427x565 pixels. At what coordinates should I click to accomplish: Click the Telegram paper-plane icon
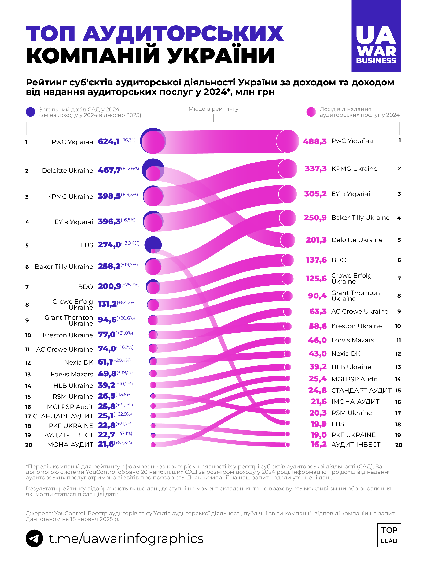[x=34, y=538]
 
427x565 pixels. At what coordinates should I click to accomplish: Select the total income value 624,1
[x=109, y=141]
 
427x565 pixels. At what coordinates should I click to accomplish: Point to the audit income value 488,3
[x=315, y=141]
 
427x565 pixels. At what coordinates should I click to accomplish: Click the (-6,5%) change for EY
[x=128, y=220]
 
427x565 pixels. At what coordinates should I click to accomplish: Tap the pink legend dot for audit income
[x=311, y=112]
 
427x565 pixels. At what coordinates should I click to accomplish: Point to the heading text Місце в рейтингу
[x=213, y=109]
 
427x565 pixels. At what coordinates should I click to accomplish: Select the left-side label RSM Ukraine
[x=73, y=396]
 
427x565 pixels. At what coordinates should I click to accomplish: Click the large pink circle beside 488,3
[x=287, y=141]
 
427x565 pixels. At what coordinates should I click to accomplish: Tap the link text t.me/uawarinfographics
[x=126, y=538]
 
